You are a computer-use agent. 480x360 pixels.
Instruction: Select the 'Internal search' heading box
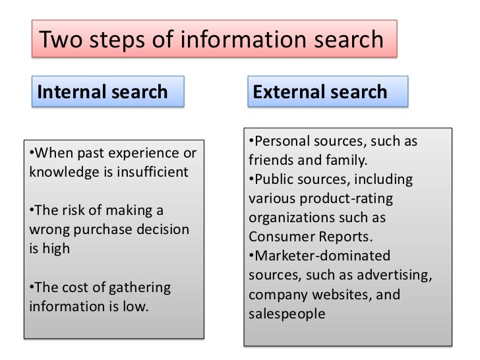click(105, 92)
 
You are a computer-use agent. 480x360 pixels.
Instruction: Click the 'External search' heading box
click(326, 92)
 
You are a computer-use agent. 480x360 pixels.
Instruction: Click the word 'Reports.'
click(337, 236)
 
